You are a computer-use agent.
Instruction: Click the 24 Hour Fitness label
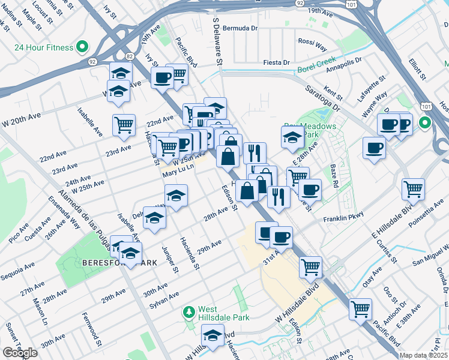point(44,47)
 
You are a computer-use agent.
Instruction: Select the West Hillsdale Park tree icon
point(189,312)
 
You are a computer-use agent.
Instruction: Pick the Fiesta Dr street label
point(277,62)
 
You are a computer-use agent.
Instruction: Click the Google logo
point(20,353)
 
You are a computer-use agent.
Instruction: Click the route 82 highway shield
point(129,56)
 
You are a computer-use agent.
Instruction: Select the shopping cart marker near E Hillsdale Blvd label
point(413,188)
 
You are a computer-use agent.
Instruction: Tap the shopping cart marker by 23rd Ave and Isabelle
point(124,124)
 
